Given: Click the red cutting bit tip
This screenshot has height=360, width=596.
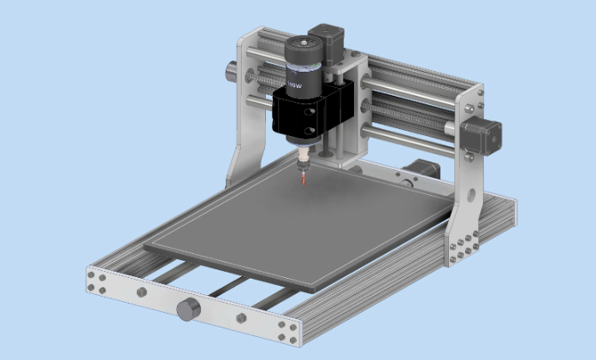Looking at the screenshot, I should coord(304,182).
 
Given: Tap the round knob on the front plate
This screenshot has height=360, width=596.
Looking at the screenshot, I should coord(188,309).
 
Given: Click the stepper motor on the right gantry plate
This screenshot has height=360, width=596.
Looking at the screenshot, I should coord(482,137).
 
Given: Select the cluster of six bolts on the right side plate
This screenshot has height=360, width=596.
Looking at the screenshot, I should coord(462,249).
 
